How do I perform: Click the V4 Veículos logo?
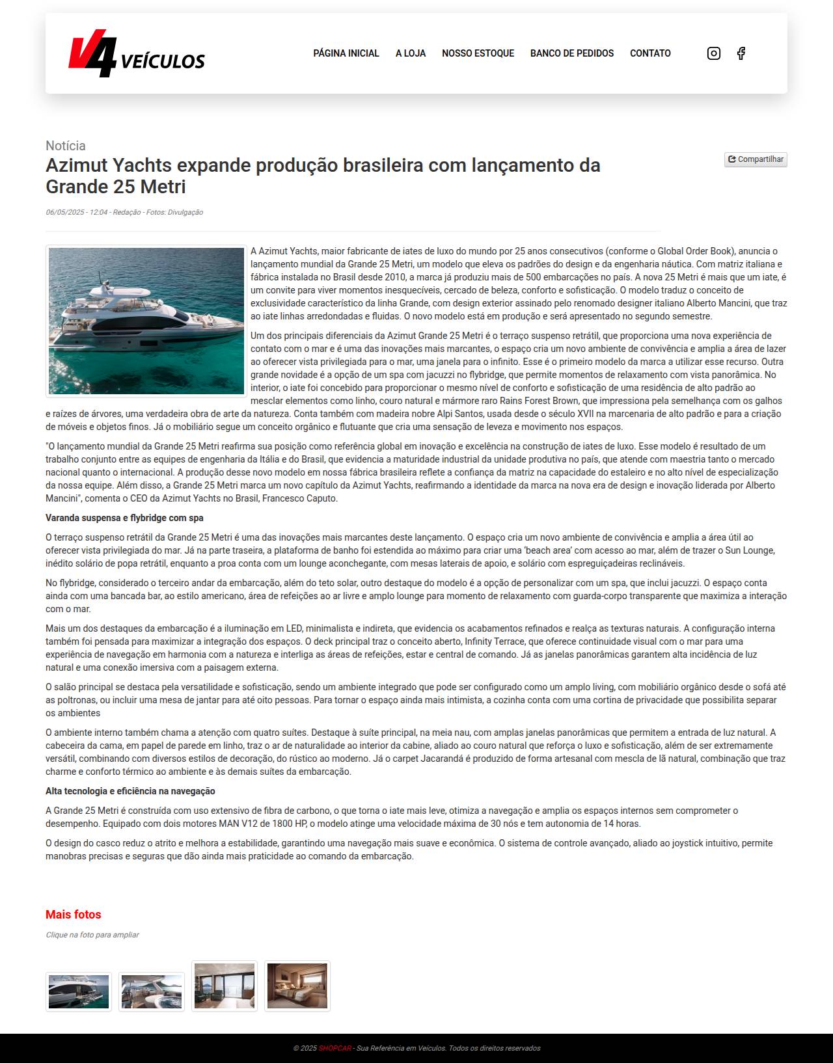click(x=136, y=54)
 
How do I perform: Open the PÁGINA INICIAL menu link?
click(x=346, y=53)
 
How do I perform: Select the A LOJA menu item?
click(x=411, y=53)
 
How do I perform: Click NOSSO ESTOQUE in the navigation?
click(x=478, y=53)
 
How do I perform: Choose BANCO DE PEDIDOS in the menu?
click(x=572, y=53)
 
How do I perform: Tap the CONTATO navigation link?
click(x=650, y=53)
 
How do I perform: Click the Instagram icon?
click(x=714, y=53)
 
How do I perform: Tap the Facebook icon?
click(x=741, y=53)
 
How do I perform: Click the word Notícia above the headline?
click(x=66, y=146)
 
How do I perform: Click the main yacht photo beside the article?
click(x=146, y=321)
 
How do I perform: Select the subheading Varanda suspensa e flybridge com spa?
click(x=124, y=518)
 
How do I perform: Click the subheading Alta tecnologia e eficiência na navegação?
click(x=130, y=791)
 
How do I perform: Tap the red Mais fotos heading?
click(x=74, y=915)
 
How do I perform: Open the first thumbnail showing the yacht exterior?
click(x=79, y=991)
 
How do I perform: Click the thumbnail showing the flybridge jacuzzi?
click(x=152, y=991)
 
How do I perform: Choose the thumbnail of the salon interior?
click(x=225, y=986)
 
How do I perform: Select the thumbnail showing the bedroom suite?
click(x=297, y=986)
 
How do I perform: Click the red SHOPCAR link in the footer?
click(x=335, y=1048)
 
